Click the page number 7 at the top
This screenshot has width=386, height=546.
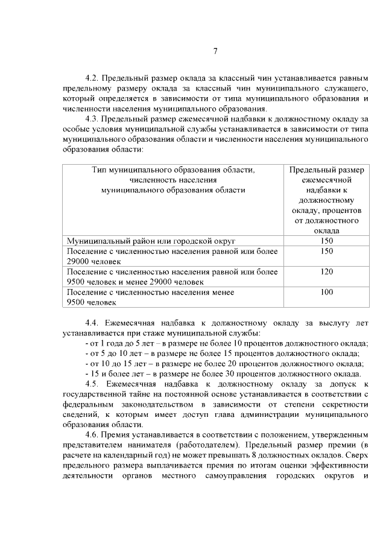(x=215, y=51)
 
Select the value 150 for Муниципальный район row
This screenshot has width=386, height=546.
(x=327, y=240)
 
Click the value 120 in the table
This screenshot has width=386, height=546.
(x=327, y=271)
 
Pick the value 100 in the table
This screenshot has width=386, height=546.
(x=327, y=292)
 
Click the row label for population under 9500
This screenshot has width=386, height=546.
(x=151, y=297)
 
